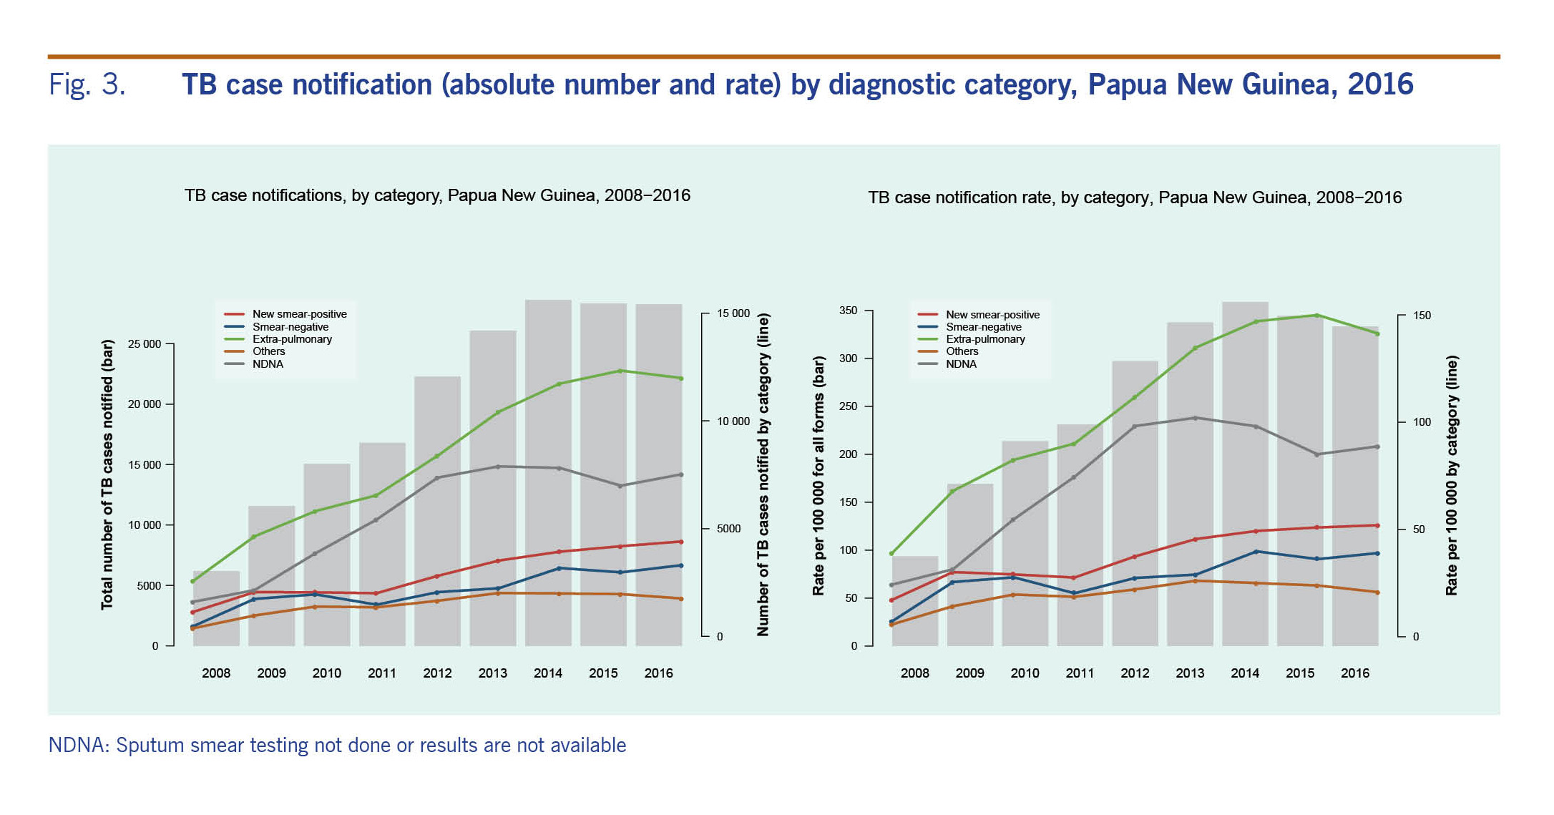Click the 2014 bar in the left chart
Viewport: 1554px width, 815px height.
[x=548, y=472]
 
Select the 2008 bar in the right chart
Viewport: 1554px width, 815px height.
[x=915, y=601]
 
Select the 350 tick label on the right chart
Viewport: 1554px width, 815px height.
[x=848, y=311]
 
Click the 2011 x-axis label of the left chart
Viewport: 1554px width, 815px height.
[x=382, y=673]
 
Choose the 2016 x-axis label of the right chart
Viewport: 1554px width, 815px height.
[x=1355, y=673]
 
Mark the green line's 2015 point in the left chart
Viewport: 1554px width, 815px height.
[x=620, y=371]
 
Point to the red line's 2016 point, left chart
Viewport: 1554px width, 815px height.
[x=680, y=542]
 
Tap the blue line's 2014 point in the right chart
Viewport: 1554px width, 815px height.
[x=1256, y=552]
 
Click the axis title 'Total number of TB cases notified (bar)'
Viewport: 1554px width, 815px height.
[x=107, y=474]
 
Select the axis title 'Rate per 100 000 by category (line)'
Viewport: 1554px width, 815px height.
[x=1451, y=475]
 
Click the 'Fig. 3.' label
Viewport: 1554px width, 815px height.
[x=87, y=84]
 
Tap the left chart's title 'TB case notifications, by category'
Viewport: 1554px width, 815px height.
[x=437, y=195]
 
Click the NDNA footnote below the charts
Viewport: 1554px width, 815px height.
[x=337, y=746]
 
